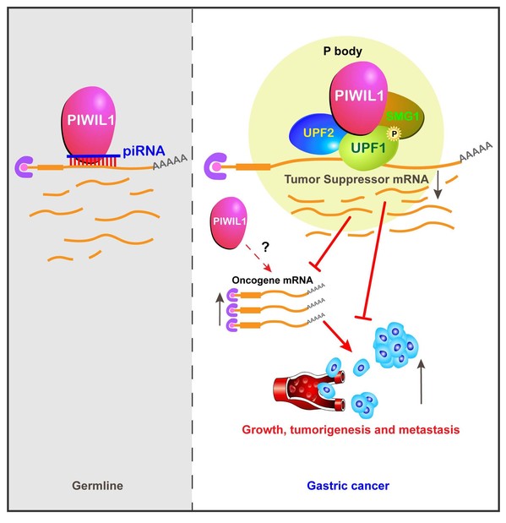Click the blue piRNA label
[144, 151]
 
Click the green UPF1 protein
[368, 148]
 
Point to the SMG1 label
[402, 117]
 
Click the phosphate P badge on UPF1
[394, 133]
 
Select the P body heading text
[343, 52]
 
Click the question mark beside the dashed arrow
[265, 247]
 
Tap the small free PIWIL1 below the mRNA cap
[229, 223]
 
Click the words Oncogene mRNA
[272, 281]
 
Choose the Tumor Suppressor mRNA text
[356, 179]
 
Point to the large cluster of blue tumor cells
[395, 345]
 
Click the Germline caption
[97, 485]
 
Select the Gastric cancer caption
[348, 486]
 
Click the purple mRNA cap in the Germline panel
[24, 167]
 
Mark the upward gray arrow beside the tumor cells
[422, 382]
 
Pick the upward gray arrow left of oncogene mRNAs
[220, 308]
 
